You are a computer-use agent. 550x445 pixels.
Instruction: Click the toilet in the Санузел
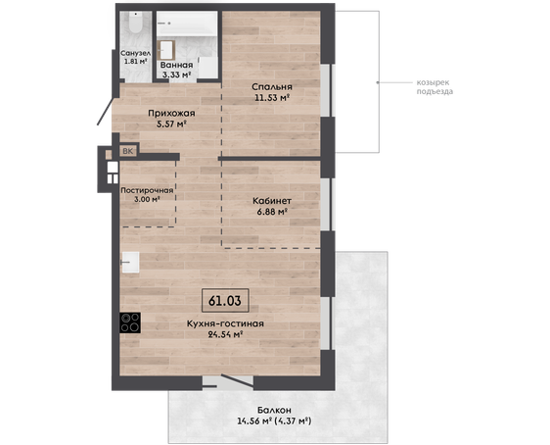click(x=135, y=23)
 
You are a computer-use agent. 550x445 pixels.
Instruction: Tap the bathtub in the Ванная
click(x=187, y=24)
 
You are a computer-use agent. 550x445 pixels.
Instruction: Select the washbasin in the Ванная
click(x=166, y=50)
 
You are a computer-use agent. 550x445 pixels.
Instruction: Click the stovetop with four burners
click(x=130, y=322)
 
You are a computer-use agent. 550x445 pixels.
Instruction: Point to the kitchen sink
click(x=130, y=262)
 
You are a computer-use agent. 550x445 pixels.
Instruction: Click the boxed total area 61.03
click(x=225, y=301)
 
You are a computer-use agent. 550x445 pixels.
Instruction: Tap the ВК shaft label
click(x=128, y=151)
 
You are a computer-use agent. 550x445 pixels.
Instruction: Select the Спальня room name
click(x=272, y=86)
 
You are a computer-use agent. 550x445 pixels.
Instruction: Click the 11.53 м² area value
click(x=272, y=97)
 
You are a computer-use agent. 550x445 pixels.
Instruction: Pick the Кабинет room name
click(x=272, y=201)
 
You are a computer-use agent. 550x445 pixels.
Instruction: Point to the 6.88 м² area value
click(x=272, y=212)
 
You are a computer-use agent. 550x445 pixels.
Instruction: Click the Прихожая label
click(x=171, y=113)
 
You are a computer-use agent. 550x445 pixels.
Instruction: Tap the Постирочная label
click(x=147, y=190)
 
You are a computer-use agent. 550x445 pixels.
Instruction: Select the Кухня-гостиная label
click(x=225, y=323)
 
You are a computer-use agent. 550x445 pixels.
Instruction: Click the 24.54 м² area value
click(x=225, y=334)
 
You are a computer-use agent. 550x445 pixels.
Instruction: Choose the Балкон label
click(x=274, y=410)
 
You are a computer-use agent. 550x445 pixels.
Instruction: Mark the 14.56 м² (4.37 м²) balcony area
click(x=274, y=420)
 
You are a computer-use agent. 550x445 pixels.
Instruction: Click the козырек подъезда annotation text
click(x=435, y=87)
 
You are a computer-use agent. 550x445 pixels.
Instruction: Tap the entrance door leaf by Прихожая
click(x=105, y=112)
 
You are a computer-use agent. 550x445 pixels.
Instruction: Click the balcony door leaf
click(x=237, y=381)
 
